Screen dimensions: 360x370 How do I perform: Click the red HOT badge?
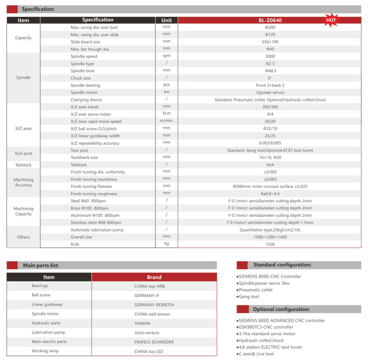coord(331,20)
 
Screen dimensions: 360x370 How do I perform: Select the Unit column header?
coord(166,20)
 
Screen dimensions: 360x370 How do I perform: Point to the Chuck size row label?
coord(80,78)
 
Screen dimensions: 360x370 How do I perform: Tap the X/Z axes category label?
coord(24,128)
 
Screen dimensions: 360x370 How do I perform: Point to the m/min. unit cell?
coord(166,121)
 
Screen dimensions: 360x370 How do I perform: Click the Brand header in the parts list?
coord(154,277)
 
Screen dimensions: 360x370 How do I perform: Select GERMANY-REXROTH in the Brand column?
coord(154,305)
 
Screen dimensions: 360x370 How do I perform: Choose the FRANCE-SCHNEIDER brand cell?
coord(154,342)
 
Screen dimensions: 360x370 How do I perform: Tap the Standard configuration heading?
coord(282,265)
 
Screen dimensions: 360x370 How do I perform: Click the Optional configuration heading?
coord(282,309)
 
